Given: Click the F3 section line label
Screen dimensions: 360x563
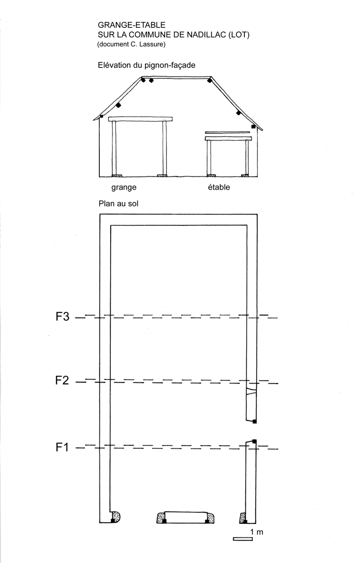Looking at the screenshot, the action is click(62, 317).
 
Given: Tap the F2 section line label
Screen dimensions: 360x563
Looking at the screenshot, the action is click(62, 380).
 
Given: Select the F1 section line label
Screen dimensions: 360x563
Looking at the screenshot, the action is click(62, 447).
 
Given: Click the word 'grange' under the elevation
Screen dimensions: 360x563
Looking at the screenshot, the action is click(124, 188).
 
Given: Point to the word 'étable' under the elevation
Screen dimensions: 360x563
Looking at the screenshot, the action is click(219, 187).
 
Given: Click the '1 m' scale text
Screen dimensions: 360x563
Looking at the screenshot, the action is click(256, 532).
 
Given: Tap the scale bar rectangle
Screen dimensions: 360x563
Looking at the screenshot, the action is click(243, 539).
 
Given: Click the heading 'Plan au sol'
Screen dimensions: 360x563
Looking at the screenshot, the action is click(118, 203).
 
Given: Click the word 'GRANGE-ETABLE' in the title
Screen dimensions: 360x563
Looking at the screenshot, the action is click(131, 25).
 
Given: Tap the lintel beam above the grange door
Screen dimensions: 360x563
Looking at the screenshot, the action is click(140, 119).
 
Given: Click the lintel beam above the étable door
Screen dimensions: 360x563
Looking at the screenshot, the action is click(228, 139).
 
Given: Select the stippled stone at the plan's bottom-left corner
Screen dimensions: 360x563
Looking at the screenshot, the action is click(116, 517).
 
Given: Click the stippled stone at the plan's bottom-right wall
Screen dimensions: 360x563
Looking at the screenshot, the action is click(243, 518).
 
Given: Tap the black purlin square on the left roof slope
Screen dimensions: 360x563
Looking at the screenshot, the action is click(118, 105).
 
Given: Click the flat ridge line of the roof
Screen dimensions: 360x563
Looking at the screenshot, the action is click(176, 77).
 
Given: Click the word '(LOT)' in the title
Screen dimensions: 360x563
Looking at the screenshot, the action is click(239, 35).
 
